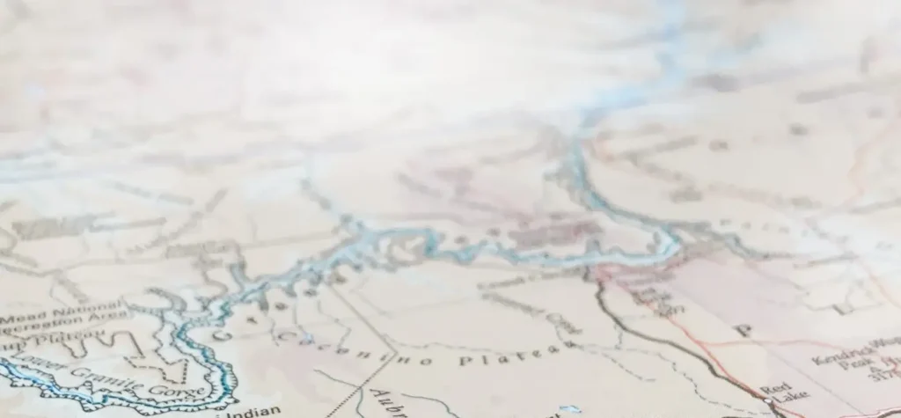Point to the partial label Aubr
384,401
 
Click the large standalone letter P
744,331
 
